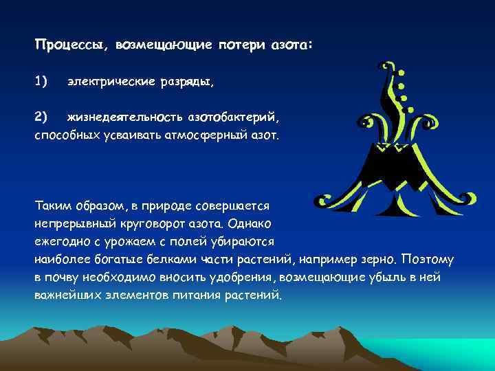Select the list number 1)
point(41,82)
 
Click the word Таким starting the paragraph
point(52,205)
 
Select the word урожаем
point(116,241)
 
